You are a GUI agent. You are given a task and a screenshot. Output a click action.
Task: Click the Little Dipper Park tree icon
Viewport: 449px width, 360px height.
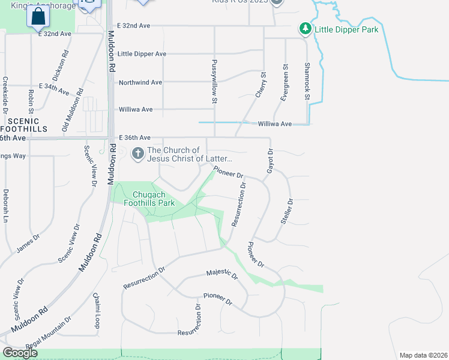click(306, 28)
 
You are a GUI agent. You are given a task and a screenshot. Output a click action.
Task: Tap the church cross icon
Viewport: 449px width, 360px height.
click(137, 154)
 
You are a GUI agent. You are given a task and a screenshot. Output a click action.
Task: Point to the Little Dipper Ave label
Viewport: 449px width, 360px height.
click(142, 53)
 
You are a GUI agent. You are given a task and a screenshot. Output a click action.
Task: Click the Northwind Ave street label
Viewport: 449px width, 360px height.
click(140, 82)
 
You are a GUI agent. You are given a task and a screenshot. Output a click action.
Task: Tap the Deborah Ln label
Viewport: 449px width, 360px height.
click(5, 205)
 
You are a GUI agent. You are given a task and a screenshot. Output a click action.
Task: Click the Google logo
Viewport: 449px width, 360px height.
click(20, 352)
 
